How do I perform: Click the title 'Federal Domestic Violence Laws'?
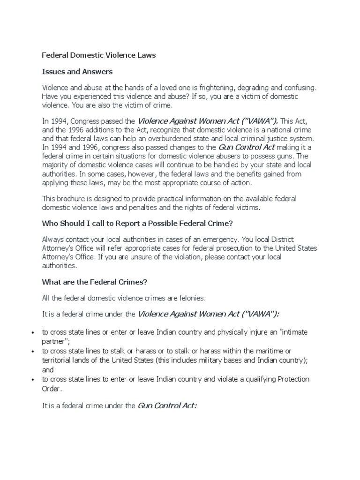click(x=99, y=55)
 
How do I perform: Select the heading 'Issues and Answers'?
click(x=77, y=72)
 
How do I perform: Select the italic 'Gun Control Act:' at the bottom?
click(x=167, y=405)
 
